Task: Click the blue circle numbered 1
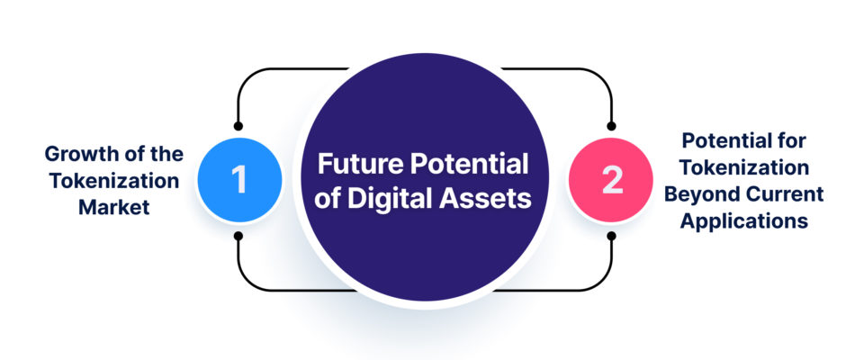click(x=239, y=180)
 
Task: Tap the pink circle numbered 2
click(x=611, y=180)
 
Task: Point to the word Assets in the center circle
click(x=484, y=198)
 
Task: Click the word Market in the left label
click(x=113, y=207)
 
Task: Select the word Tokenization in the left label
click(x=113, y=181)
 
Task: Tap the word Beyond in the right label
click(x=701, y=194)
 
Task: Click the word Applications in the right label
click(x=744, y=221)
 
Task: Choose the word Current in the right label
click(x=783, y=194)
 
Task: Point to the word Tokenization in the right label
click(x=744, y=168)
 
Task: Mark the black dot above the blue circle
click(x=238, y=126)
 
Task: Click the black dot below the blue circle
click(x=238, y=236)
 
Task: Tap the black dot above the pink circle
click(x=611, y=126)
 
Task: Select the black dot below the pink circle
click(x=611, y=236)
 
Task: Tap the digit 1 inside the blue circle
click(x=238, y=180)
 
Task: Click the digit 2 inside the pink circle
click(x=612, y=180)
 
